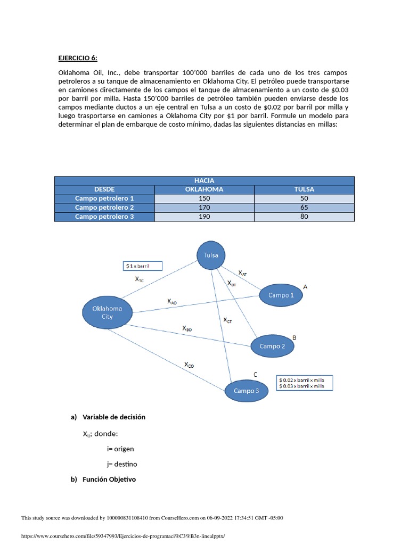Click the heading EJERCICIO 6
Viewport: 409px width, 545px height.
78,58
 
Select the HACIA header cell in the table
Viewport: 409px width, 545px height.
204,181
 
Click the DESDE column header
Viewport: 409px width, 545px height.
104,189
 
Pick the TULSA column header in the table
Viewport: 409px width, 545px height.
304,189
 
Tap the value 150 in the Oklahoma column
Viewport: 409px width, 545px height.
204,199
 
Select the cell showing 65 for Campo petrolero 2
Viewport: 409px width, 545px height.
304,208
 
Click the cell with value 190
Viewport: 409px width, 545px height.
204,217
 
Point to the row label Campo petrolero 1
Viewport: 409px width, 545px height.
104,199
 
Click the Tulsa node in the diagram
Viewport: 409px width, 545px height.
211,255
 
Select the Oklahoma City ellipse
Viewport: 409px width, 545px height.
107,312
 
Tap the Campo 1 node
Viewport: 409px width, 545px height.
281,295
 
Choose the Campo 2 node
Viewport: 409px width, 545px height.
272,346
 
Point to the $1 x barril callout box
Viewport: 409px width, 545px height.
142,265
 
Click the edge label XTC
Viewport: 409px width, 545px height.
140,279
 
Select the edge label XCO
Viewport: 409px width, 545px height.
189,365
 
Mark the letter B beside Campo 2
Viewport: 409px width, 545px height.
295,337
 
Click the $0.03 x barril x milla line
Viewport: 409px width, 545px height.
302,386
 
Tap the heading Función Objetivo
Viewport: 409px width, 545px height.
109,479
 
